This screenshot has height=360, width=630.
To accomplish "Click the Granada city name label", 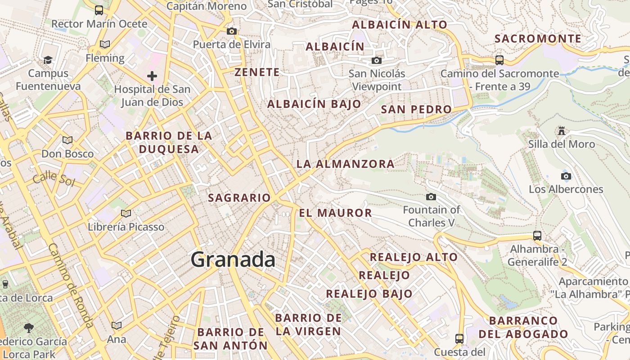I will point(233,260).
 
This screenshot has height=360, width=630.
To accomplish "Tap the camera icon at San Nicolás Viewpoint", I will point(376,61).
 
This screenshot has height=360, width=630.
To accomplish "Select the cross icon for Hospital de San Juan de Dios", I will point(152,76).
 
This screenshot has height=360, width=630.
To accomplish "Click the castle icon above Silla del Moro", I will point(561,131).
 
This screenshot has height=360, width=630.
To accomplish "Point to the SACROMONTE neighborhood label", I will point(538,39).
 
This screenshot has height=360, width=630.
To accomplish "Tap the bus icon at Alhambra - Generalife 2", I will point(537,236).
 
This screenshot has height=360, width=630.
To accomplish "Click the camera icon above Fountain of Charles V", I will point(431,197).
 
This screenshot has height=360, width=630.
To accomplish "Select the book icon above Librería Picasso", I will point(126,213).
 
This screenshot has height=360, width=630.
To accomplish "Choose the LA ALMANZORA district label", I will point(345,164).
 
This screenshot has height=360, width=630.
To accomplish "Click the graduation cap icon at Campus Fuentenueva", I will point(47,60).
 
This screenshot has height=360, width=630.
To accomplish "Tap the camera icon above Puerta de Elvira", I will point(232,31).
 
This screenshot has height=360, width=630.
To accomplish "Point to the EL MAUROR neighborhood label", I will point(335,213).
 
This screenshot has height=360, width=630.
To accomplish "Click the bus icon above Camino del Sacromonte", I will point(499,60).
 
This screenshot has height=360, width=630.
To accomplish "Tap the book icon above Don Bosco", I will point(67,140).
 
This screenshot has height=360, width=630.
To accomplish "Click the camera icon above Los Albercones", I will point(566,176).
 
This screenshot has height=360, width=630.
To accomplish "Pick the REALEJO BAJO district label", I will point(369,294).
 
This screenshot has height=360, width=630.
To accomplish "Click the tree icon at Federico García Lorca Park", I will point(29,328).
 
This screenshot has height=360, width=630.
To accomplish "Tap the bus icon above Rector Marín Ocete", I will point(99,10).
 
